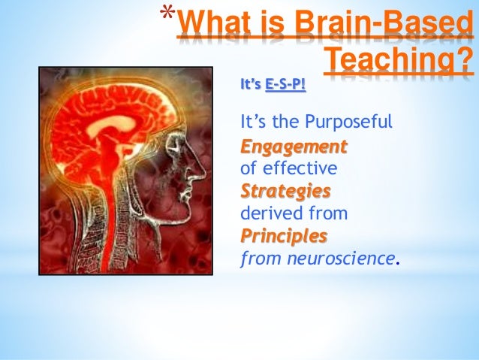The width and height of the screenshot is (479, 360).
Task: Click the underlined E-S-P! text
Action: pyautogui.click(x=286, y=85)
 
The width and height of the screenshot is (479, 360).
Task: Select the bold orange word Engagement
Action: pyautogui.click(x=294, y=145)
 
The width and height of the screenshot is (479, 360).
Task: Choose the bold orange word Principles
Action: pyautogui.click(x=284, y=237)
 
